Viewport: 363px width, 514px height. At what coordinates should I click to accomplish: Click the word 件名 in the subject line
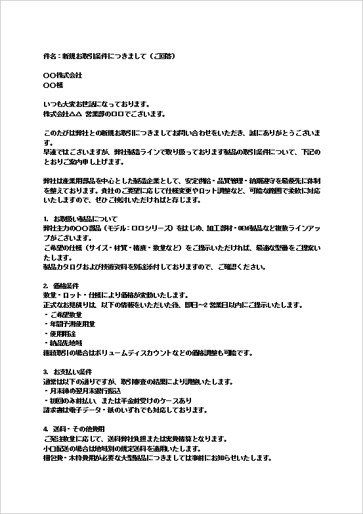[x=49, y=56]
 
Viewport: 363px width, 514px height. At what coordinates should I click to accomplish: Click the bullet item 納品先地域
[x=66, y=343]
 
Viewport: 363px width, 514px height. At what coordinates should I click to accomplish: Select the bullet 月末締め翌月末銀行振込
[x=85, y=391]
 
